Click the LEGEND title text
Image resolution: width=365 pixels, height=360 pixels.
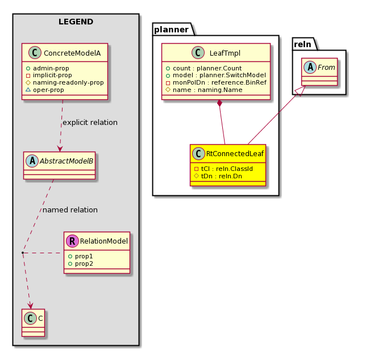coord(76,22)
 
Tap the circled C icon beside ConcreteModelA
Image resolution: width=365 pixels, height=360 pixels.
coord(35,53)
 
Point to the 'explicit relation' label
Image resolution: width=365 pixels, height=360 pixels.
coord(90,122)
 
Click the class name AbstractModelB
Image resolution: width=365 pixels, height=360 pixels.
coord(67,161)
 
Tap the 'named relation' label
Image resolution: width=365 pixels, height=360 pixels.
coord(70,210)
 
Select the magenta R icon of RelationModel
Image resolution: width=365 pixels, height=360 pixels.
coord(72,241)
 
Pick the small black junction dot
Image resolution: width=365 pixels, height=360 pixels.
coord(23,253)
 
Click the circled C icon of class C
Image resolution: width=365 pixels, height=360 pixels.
coord(31,318)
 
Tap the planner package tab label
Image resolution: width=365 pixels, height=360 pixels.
coord(171,30)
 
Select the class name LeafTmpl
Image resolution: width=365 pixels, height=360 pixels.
coord(225,53)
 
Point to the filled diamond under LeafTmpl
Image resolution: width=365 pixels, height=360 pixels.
coord(219,103)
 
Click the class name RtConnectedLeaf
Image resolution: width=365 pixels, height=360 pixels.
coord(235,154)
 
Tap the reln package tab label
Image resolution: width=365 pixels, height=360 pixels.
coord(302,44)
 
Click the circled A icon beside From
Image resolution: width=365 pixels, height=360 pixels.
coord(310,67)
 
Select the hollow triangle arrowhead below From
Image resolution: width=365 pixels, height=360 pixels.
coord(301,91)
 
